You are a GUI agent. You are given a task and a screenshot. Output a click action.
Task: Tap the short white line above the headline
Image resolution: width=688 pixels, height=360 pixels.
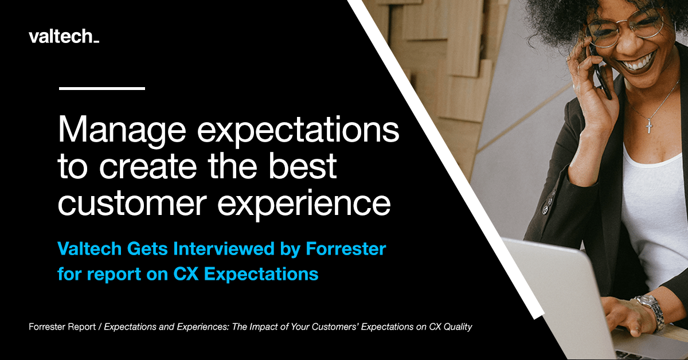click(x=101, y=88)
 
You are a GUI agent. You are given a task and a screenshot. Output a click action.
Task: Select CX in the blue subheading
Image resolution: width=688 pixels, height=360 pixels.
click(x=187, y=273)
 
